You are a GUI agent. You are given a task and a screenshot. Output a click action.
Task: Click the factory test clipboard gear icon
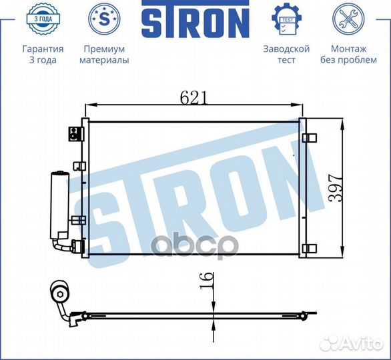286,20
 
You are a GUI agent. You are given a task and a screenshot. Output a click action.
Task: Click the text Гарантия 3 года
43,55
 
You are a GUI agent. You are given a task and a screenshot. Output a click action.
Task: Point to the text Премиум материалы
104,55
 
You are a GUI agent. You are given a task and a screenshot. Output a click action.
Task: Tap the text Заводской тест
286,55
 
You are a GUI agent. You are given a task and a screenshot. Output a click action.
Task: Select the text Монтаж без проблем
348,55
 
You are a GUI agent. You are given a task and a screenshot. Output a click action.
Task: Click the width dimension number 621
193,97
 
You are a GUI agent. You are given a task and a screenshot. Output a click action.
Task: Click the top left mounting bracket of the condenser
74,133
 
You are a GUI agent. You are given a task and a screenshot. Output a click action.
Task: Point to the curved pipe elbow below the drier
63,246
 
